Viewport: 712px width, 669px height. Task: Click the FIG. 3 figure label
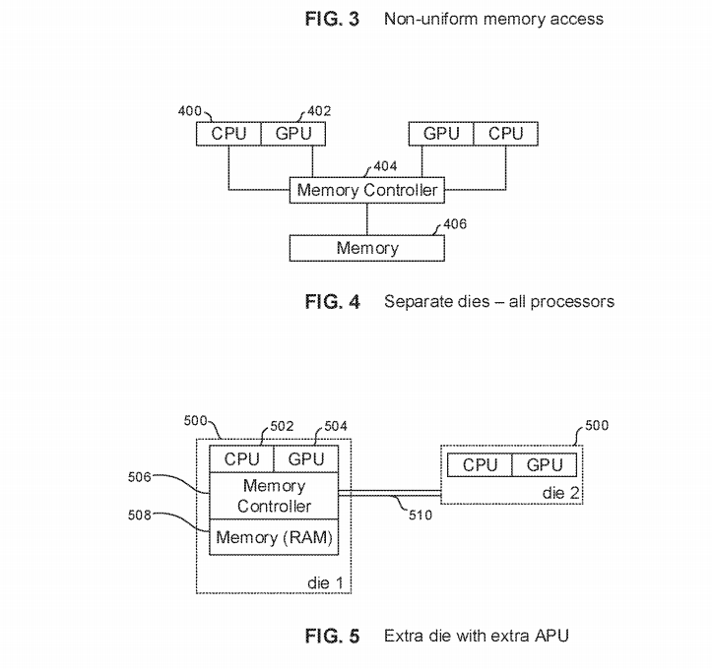332,18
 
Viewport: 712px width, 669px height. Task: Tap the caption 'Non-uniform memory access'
493,18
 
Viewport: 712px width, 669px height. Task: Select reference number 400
190,112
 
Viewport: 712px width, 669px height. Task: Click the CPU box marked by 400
228,133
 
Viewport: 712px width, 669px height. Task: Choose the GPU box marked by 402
293,133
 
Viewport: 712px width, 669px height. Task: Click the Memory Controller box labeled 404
367,189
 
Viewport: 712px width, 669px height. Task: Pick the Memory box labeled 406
367,247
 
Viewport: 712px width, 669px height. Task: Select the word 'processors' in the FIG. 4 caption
574,301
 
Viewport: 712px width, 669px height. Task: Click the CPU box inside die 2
481,464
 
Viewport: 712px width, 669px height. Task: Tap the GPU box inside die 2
545,464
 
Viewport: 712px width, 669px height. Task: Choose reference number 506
139,477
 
